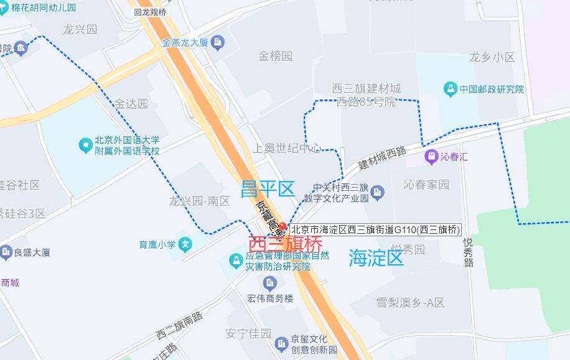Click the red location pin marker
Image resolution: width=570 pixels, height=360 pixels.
click(x=283, y=228)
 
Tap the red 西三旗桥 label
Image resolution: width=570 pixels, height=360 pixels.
click(x=286, y=245)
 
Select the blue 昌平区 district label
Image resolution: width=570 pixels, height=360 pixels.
click(x=268, y=189)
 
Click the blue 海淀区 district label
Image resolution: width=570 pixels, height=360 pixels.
click(x=376, y=257)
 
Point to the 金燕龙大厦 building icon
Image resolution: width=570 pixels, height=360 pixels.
click(x=218, y=43)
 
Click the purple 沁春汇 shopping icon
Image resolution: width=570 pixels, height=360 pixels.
click(x=430, y=157)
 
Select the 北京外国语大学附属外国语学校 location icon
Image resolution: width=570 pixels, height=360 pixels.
click(x=86, y=146)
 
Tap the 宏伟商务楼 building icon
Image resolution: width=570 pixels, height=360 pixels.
click(x=270, y=284)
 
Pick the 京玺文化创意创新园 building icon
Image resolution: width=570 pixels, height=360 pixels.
click(x=282, y=342)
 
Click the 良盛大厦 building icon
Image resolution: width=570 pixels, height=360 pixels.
click(x=6, y=252)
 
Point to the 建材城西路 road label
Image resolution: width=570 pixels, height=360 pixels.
click(x=382, y=159)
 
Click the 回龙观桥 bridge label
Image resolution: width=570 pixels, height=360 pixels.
click(x=150, y=12)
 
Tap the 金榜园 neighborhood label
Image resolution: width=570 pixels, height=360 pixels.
click(x=275, y=57)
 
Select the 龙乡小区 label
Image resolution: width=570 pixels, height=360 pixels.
click(x=492, y=57)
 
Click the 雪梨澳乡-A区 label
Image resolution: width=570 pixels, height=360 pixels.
click(x=411, y=303)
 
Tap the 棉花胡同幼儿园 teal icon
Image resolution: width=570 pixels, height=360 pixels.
click(x=4, y=8)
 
